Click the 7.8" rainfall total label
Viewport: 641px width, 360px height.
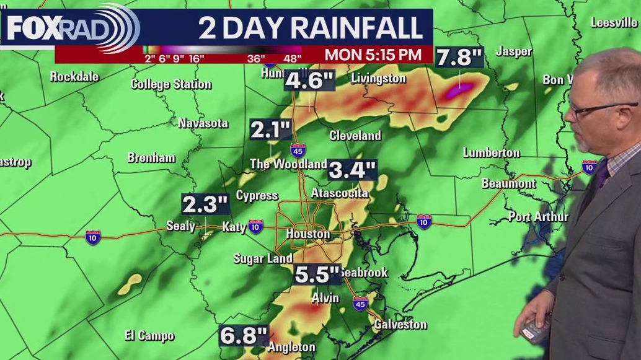pos(459,58)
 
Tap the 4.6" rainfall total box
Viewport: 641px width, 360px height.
pos(309,81)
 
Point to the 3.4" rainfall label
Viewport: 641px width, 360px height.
pos(351,169)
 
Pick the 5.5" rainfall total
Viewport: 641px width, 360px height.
pos(317,274)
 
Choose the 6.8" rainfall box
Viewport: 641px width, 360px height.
pos(243,336)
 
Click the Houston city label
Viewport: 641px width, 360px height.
pos(308,234)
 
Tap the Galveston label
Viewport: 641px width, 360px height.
pos(399,324)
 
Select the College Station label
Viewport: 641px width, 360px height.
pos(171,84)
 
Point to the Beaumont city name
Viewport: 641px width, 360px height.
pos(508,183)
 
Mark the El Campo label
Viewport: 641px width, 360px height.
pos(149,335)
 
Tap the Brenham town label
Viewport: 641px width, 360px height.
pos(151,157)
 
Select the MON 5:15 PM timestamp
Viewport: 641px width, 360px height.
pos(373,54)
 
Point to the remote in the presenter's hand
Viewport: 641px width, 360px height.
pos(532,328)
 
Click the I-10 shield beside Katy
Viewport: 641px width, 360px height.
pos(254,227)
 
